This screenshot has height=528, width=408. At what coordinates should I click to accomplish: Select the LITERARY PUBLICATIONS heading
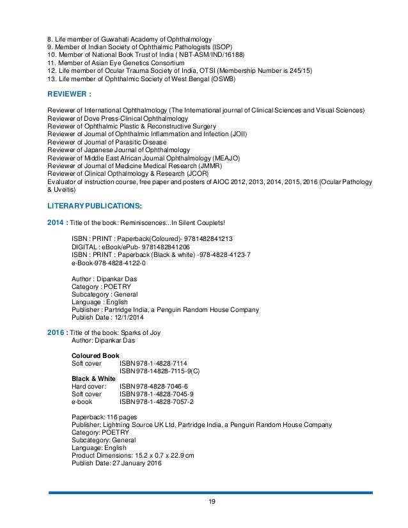coord(95,206)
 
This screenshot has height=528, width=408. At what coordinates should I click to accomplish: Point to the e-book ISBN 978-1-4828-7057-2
coord(157,402)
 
